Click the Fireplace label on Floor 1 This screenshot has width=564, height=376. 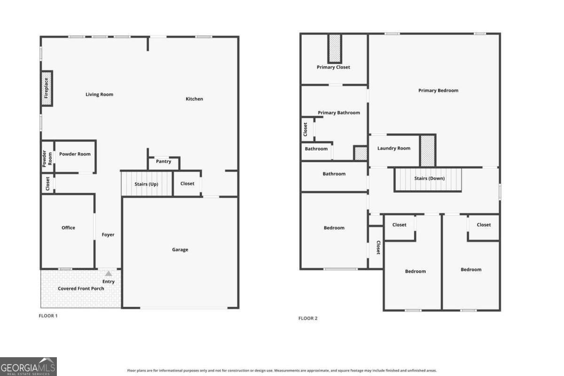[x=46, y=88]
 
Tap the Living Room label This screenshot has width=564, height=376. [x=99, y=94]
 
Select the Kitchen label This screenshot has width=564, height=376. [x=194, y=99]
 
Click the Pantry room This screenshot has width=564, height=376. [x=164, y=164]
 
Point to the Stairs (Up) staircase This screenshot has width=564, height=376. [x=147, y=184]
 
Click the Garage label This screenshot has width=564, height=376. [x=180, y=250]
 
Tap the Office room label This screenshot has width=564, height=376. [x=68, y=227]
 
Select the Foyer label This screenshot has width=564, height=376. [x=108, y=235]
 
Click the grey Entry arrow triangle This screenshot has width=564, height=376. [x=108, y=274]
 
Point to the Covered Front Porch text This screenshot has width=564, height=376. [x=81, y=289]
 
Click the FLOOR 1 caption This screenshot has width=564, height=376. [x=48, y=316]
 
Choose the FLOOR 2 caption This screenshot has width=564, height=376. [x=308, y=318]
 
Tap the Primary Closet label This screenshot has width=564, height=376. [x=333, y=67]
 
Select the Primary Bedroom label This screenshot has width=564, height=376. [x=438, y=91]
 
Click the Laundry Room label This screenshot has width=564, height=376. [x=394, y=149]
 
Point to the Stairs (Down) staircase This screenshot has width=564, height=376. [x=428, y=180]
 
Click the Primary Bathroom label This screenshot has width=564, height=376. [x=339, y=113]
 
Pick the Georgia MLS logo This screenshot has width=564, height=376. [x=28, y=367]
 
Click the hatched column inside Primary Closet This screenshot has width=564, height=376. [x=335, y=48]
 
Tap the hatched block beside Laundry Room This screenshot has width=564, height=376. [x=428, y=150]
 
